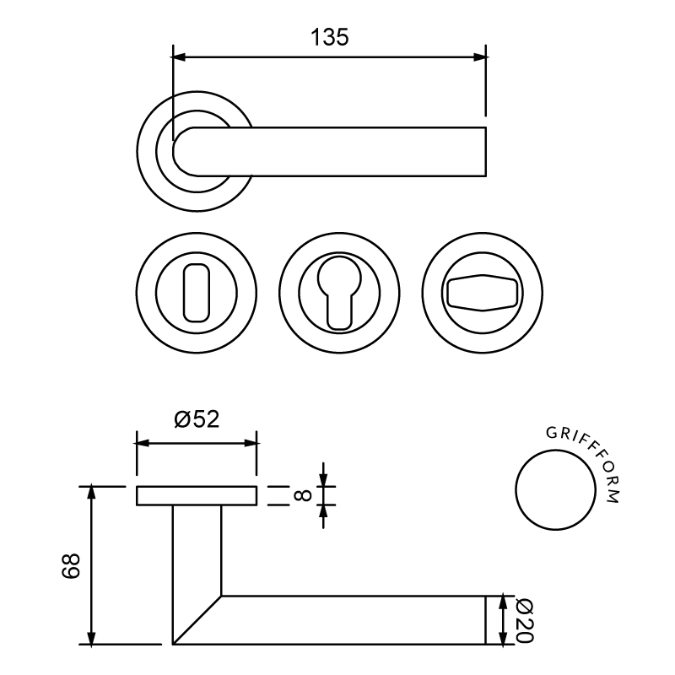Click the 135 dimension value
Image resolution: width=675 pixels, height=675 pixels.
pos(329,37)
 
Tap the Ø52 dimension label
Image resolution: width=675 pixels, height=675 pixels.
pos(197,418)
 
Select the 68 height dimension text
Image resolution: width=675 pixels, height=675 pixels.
pos(71,565)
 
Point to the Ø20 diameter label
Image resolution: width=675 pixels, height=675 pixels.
pos(524,621)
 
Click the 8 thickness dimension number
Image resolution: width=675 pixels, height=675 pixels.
pos(303,495)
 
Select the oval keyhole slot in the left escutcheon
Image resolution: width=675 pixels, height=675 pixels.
pos(197,293)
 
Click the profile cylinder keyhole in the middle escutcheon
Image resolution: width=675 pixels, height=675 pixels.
pos(339,293)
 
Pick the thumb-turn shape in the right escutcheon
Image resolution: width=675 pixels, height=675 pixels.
pos(482,293)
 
